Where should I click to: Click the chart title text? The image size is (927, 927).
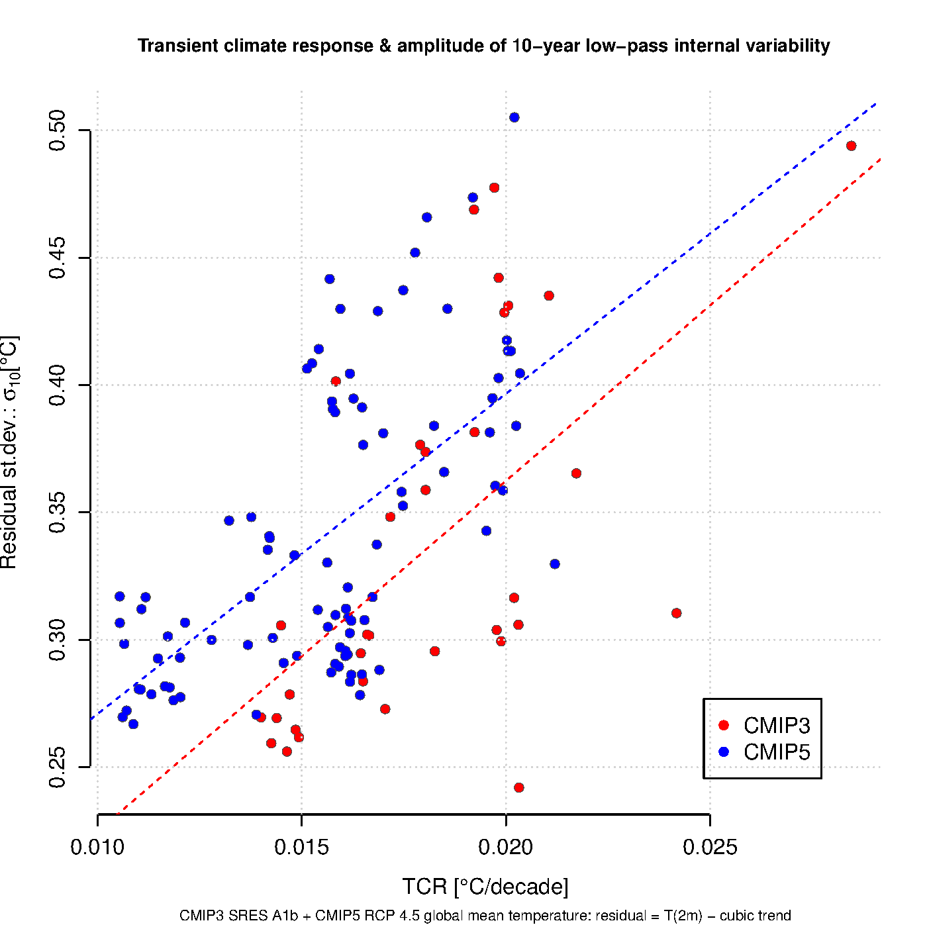pos(483,46)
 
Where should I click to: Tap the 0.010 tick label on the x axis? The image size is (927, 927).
pos(97,847)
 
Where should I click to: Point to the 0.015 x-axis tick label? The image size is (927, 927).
pos(301,847)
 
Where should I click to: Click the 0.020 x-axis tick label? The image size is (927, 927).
pos(506,847)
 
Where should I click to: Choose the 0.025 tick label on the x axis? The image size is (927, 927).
pos(710,847)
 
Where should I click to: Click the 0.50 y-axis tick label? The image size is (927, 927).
pos(58,130)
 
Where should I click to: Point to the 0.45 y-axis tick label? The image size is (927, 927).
pos(58,258)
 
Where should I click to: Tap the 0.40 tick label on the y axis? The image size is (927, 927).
pos(58,385)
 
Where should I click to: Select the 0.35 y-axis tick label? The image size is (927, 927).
pos(58,512)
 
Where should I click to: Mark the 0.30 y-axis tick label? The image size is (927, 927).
pos(58,640)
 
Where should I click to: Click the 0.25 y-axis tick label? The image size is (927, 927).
pos(58,767)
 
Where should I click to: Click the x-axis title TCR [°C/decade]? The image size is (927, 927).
pos(485,887)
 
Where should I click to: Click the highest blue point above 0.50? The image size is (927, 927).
pos(514,117)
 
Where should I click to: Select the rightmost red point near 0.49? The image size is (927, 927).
pos(851,146)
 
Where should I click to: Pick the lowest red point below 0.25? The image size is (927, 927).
pos(518,788)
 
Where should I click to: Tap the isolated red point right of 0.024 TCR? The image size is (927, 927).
pos(676,613)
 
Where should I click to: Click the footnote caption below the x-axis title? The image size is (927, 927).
pos(485,916)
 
